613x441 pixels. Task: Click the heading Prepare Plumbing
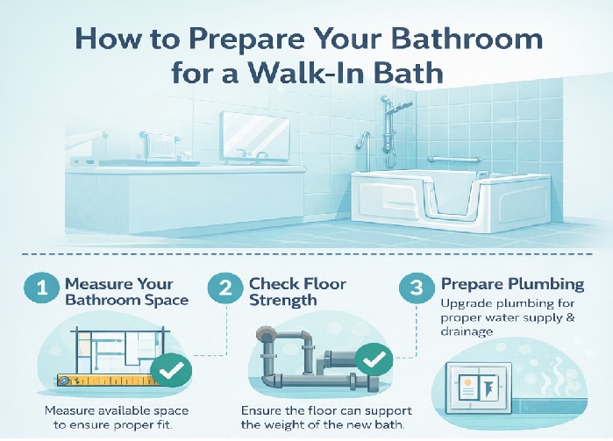(512, 285)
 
